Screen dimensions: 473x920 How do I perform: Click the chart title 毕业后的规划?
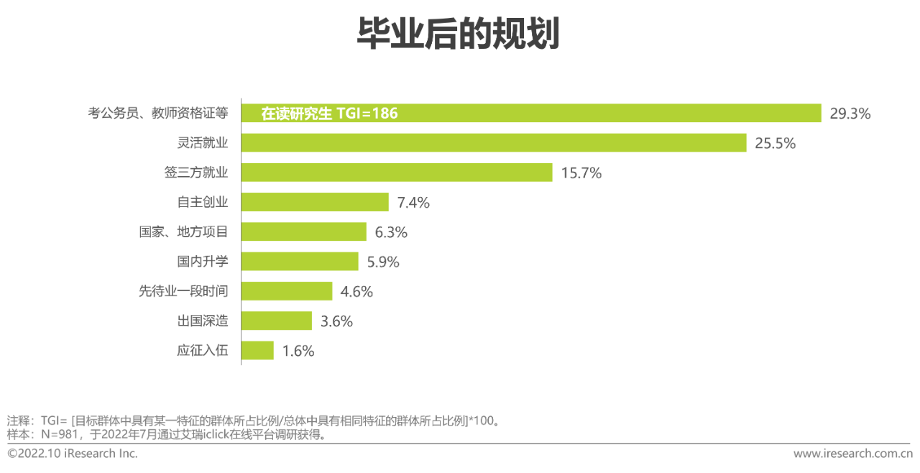(458, 34)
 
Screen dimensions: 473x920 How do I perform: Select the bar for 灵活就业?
(494, 143)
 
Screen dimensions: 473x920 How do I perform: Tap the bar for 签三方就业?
(396, 173)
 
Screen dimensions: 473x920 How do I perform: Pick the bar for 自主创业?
(315, 203)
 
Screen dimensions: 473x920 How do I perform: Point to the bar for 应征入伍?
(257, 351)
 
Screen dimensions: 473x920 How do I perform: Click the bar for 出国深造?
(276, 321)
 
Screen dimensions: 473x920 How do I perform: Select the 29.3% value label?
(850, 114)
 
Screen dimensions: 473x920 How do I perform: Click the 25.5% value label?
(775, 143)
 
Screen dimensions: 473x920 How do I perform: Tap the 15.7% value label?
(581, 173)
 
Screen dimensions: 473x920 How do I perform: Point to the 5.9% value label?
(383, 262)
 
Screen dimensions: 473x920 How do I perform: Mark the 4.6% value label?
(357, 292)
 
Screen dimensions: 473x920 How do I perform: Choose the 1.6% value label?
(298, 352)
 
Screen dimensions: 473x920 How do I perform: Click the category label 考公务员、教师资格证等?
(158, 113)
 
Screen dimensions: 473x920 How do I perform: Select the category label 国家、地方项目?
(183, 232)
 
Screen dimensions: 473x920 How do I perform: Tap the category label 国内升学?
(203, 262)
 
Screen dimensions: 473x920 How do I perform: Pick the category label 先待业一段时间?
(183, 291)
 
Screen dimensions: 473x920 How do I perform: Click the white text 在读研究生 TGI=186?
(329, 114)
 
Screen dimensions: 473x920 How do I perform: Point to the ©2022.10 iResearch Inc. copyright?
(73, 454)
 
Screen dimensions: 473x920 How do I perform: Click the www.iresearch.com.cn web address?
(852, 454)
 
